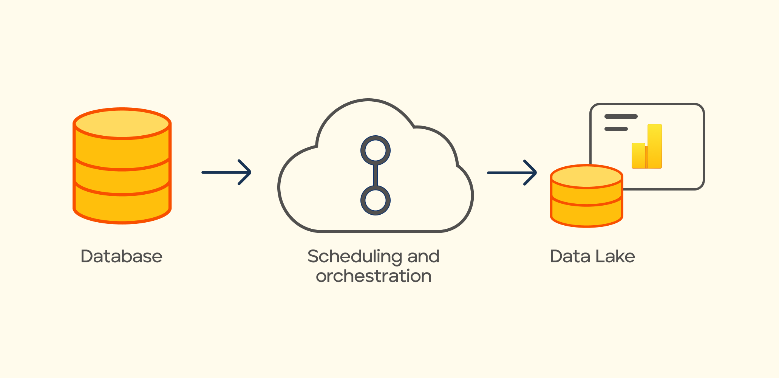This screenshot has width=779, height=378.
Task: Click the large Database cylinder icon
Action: (x=122, y=166)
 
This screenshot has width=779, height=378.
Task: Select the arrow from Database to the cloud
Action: (x=226, y=172)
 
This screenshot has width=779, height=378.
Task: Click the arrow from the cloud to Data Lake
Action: (x=512, y=173)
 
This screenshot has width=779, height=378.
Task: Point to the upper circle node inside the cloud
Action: (x=376, y=150)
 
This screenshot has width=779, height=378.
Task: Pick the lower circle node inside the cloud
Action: (x=376, y=200)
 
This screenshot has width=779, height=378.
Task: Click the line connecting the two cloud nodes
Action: (x=376, y=175)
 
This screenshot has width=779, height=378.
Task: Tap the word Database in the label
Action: (x=121, y=256)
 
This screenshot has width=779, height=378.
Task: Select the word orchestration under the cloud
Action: (x=374, y=276)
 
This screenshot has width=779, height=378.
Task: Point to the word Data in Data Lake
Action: (x=568, y=256)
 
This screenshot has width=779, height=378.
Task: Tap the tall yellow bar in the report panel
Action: (x=655, y=146)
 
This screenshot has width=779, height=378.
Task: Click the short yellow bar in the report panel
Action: (x=638, y=155)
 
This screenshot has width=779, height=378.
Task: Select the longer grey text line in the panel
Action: (x=621, y=116)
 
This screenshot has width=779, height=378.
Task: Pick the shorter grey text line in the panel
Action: (x=616, y=129)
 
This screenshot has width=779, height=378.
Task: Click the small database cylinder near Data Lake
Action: (x=586, y=197)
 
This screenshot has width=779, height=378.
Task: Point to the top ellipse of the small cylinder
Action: (x=586, y=177)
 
